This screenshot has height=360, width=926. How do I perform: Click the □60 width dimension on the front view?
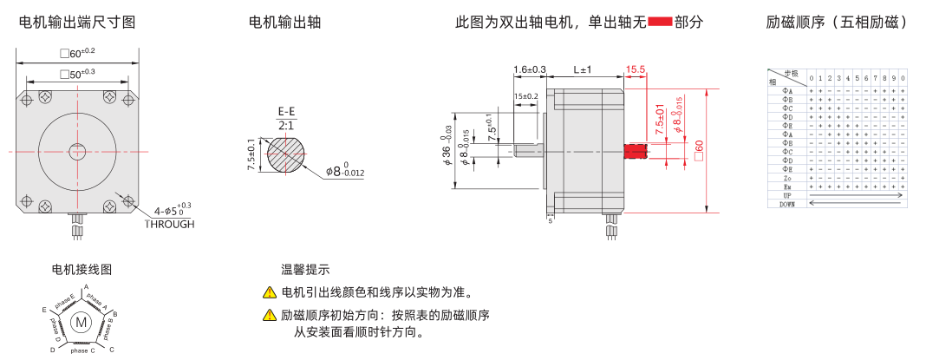[x=78, y=54]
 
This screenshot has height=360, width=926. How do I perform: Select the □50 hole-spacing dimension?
[x=78, y=74]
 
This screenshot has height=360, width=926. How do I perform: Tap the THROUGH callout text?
[x=170, y=224]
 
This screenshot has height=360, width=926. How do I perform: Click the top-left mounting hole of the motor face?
[x=29, y=100]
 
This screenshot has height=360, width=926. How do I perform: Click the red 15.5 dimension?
[x=636, y=69]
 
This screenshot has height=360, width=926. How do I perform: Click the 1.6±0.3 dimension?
[x=530, y=69]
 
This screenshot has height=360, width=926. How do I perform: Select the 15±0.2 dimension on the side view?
[x=526, y=96]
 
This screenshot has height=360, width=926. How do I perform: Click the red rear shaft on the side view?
[x=636, y=151]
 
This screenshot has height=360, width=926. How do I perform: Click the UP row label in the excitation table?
[x=786, y=196]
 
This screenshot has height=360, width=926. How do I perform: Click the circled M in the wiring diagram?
[x=82, y=322]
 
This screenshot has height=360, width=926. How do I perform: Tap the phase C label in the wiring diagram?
[x=83, y=350]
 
